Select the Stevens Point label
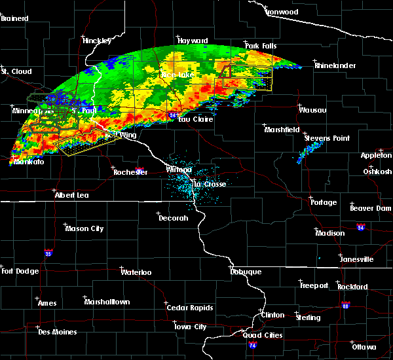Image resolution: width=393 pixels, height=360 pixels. pyautogui.click(x=327, y=139)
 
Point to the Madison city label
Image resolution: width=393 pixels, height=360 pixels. pyautogui.click(x=329, y=234)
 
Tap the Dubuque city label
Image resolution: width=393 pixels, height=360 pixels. pyautogui.click(x=246, y=272)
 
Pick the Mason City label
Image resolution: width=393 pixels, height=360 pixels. pyautogui.click(x=84, y=229)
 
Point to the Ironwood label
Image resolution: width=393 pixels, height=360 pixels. pyautogui.click(x=282, y=12)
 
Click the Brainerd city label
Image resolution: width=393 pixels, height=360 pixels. pyautogui.click(x=14, y=18)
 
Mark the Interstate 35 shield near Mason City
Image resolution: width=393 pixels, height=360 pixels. pyautogui.click(x=48, y=251)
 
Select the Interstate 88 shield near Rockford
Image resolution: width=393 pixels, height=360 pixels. pyautogui.click(x=346, y=304)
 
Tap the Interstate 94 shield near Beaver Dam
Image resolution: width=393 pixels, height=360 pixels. pyautogui.click(x=361, y=227)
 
